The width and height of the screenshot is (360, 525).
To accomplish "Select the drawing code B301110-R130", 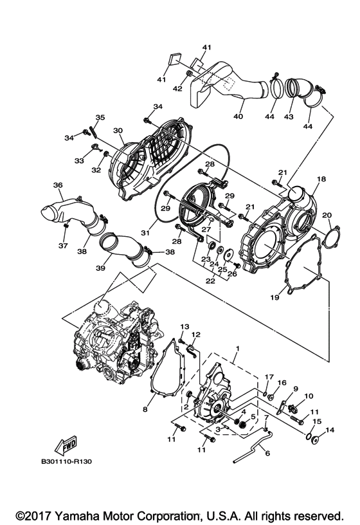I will (x=71, y=461).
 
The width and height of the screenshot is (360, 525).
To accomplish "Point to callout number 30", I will (x=118, y=131).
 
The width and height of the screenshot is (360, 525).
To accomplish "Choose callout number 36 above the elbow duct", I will (x=58, y=185).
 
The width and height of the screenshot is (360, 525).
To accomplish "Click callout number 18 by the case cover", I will (x=321, y=179).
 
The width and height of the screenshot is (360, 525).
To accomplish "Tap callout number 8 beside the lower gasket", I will (x=145, y=409).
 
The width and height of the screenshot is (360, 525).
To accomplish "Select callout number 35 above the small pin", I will (x=100, y=118).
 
